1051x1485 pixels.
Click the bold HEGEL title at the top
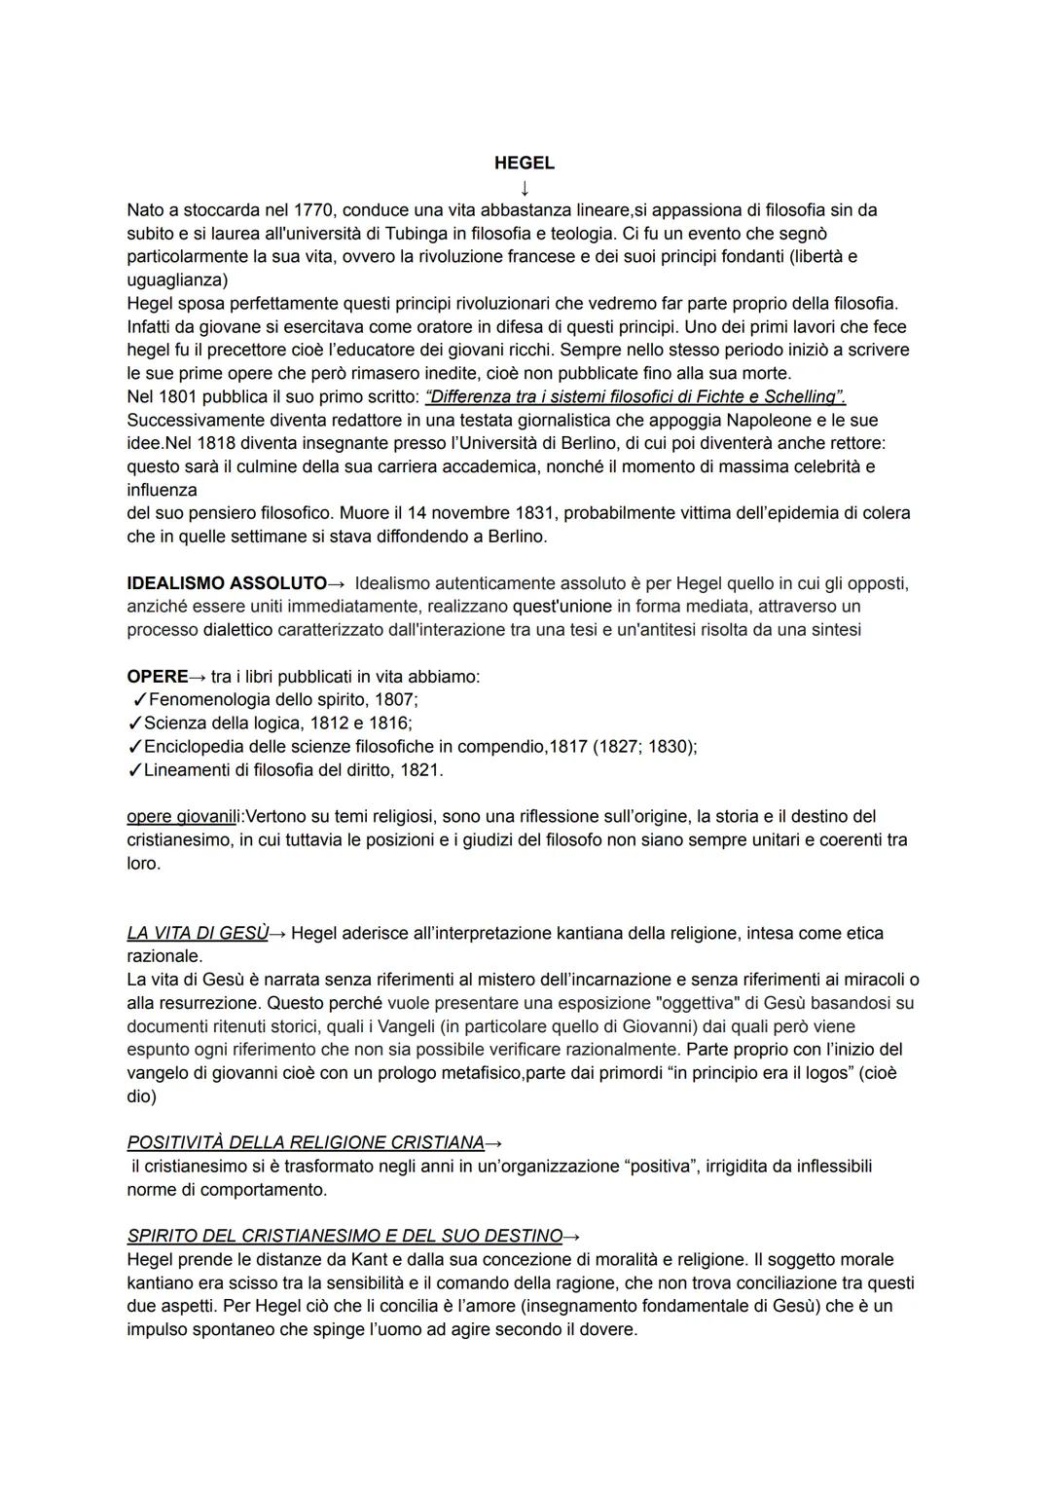(x=524, y=163)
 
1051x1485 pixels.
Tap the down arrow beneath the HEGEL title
(x=525, y=186)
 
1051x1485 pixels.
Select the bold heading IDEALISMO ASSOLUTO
(x=227, y=583)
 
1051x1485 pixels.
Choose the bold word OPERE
(x=158, y=677)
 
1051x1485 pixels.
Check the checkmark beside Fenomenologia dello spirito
(x=138, y=700)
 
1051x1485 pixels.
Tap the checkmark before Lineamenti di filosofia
(x=134, y=770)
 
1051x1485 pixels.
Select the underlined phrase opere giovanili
(x=184, y=816)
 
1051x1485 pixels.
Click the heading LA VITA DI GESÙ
(x=198, y=933)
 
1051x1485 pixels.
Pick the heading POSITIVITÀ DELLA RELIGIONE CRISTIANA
(x=306, y=1142)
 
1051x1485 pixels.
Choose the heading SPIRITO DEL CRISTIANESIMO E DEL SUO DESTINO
(x=344, y=1236)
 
